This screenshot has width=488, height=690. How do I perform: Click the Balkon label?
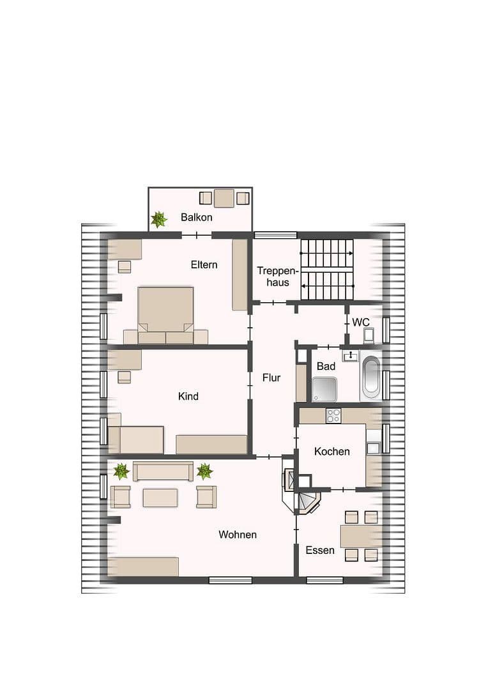(x=196, y=217)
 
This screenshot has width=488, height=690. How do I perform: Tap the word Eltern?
(x=204, y=264)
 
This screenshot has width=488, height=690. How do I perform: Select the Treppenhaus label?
(x=273, y=276)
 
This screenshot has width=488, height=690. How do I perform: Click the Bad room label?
(x=326, y=366)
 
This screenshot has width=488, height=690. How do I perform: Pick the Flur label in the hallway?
(x=271, y=378)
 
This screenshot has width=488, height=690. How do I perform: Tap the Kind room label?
(x=188, y=396)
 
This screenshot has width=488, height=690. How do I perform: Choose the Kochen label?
(x=332, y=451)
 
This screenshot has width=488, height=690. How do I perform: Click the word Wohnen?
(x=237, y=534)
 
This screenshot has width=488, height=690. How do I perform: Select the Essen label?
(x=319, y=550)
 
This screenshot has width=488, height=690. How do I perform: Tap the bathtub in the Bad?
(x=370, y=376)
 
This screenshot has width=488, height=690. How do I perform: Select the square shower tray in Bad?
(x=324, y=388)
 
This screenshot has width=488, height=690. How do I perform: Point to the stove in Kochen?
(x=333, y=415)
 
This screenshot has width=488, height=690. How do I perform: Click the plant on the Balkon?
(x=158, y=219)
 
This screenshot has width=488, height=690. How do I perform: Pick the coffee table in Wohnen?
(x=160, y=497)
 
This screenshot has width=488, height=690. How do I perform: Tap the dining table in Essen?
(x=361, y=535)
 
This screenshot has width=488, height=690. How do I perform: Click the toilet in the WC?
(x=369, y=335)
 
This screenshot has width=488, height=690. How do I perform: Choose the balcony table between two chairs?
(x=224, y=198)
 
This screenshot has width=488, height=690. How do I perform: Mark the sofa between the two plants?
(x=163, y=471)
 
